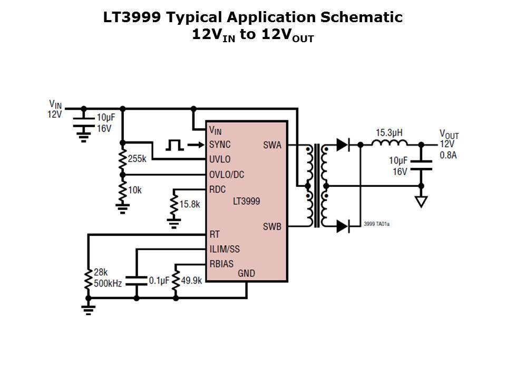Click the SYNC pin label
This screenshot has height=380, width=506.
[x=220, y=144]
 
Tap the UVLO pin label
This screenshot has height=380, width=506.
[x=220, y=159]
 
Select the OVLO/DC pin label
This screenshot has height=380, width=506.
[x=227, y=174]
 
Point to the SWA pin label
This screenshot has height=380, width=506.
[x=271, y=145]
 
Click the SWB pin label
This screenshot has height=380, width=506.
[x=272, y=227]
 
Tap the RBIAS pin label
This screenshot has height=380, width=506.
[x=221, y=263]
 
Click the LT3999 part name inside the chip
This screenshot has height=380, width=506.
[x=246, y=201]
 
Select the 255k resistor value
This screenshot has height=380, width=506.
[x=137, y=158]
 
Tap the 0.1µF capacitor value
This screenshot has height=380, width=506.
[x=158, y=281]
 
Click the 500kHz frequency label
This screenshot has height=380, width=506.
[x=108, y=283]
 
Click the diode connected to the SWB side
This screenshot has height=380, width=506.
[x=343, y=226]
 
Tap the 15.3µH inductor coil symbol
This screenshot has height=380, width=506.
[x=390, y=143]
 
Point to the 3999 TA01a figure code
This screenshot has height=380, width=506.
[x=376, y=224]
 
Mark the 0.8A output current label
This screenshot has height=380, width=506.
[x=449, y=154]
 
